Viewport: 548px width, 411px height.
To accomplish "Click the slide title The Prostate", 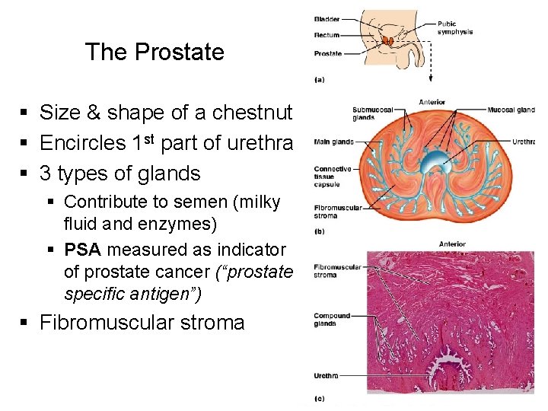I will [x=155, y=52].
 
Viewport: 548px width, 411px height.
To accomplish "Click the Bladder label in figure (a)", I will [x=327, y=18].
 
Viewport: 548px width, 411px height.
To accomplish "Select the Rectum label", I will [x=327, y=35].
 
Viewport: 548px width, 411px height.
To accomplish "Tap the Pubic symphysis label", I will [x=455, y=28].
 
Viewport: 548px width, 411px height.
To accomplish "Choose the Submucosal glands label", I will [x=369, y=113].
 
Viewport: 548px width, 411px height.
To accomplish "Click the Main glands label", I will [x=333, y=141].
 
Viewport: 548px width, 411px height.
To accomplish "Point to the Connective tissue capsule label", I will [x=332, y=177].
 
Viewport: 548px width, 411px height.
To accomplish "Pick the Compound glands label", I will [x=332, y=319].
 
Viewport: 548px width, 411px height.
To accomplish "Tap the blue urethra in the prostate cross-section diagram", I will [x=436, y=161].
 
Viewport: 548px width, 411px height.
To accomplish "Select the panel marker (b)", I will [x=320, y=231].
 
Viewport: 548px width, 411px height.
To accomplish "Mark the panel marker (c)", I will [x=320, y=398].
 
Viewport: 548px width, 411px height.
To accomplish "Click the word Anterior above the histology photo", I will [x=452, y=244].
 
